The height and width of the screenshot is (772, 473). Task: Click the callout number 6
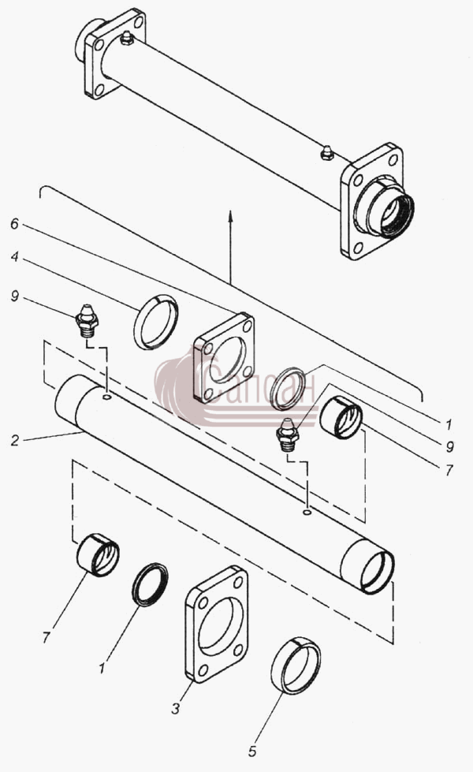click(x=15, y=224)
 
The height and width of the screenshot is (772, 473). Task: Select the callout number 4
click(x=15, y=257)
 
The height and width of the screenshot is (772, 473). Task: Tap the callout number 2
click(x=16, y=440)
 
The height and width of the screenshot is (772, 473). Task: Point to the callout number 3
click(x=177, y=708)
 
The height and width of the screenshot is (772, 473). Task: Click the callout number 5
click(x=252, y=751)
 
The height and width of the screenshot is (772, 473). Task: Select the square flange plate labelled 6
click(x=224, y=358)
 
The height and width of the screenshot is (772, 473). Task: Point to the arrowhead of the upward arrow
click(x=230, y=214)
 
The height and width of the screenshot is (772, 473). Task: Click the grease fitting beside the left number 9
click(x=88, y=321)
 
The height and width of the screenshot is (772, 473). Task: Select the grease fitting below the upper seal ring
click(x=288, y=433)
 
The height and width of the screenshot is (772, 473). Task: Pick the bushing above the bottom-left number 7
click(x=98, y=555)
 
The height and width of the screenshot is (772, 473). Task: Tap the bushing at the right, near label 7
click(x=341, y=416)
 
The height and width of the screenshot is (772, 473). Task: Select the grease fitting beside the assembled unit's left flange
click(x=127, y=38)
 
